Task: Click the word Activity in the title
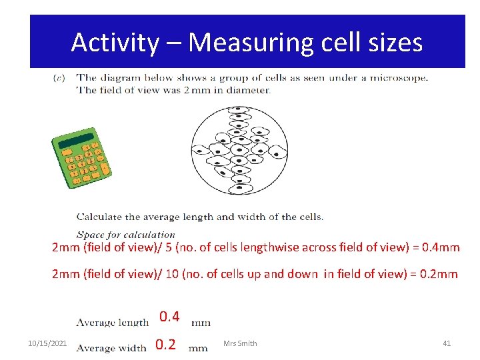115,43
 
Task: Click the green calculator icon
81,157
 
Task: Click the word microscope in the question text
397,77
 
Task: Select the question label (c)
59,78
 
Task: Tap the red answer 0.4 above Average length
169,316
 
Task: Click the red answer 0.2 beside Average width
165,344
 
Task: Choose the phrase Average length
112,323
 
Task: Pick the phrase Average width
111,347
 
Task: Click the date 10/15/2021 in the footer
47,343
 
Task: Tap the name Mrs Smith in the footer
241,343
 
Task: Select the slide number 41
447,343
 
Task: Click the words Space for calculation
125,235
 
